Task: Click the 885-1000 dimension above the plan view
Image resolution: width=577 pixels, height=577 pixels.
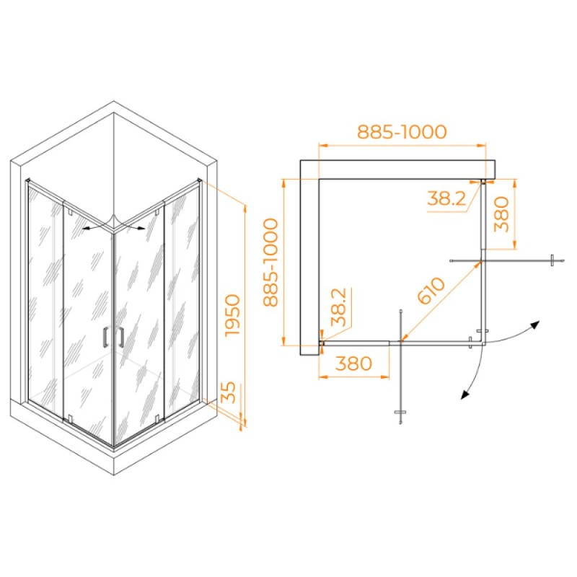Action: [x=402, y=132]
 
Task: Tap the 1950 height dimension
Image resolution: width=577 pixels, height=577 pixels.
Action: [x=233, y=315]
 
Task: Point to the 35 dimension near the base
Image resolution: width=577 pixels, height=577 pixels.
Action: [x=229, y=392]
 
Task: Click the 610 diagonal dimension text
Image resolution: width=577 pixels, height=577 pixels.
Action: [x=432, y=291]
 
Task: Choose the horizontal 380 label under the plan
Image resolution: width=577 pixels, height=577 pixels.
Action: [x=353, y=364]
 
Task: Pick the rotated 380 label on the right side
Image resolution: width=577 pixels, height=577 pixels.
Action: [x=501, y=213]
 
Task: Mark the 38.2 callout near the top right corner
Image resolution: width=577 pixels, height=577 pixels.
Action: [x=446, y=198]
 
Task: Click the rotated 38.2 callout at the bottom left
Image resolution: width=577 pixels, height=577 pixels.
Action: [x=338, y=307]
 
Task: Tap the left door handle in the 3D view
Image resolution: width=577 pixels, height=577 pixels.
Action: [x=105, y=337]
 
